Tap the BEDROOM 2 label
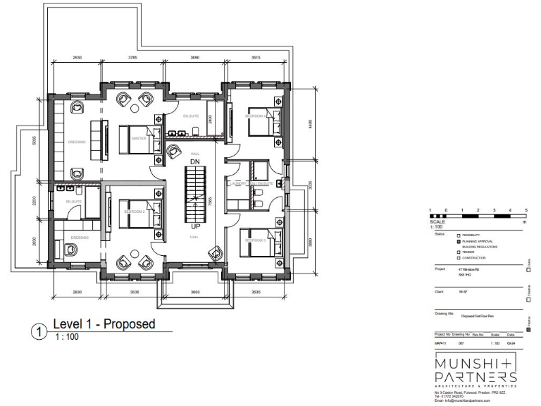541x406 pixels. [133, 211]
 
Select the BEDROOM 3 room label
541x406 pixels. [254, 240]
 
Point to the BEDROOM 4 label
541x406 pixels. [254, 116]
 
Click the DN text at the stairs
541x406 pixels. [195, 162]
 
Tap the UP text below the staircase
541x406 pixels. [195, 227]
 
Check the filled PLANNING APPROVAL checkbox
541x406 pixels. [459, 241]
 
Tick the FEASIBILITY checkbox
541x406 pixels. [459, 235]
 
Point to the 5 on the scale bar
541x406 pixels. [526, 211]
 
